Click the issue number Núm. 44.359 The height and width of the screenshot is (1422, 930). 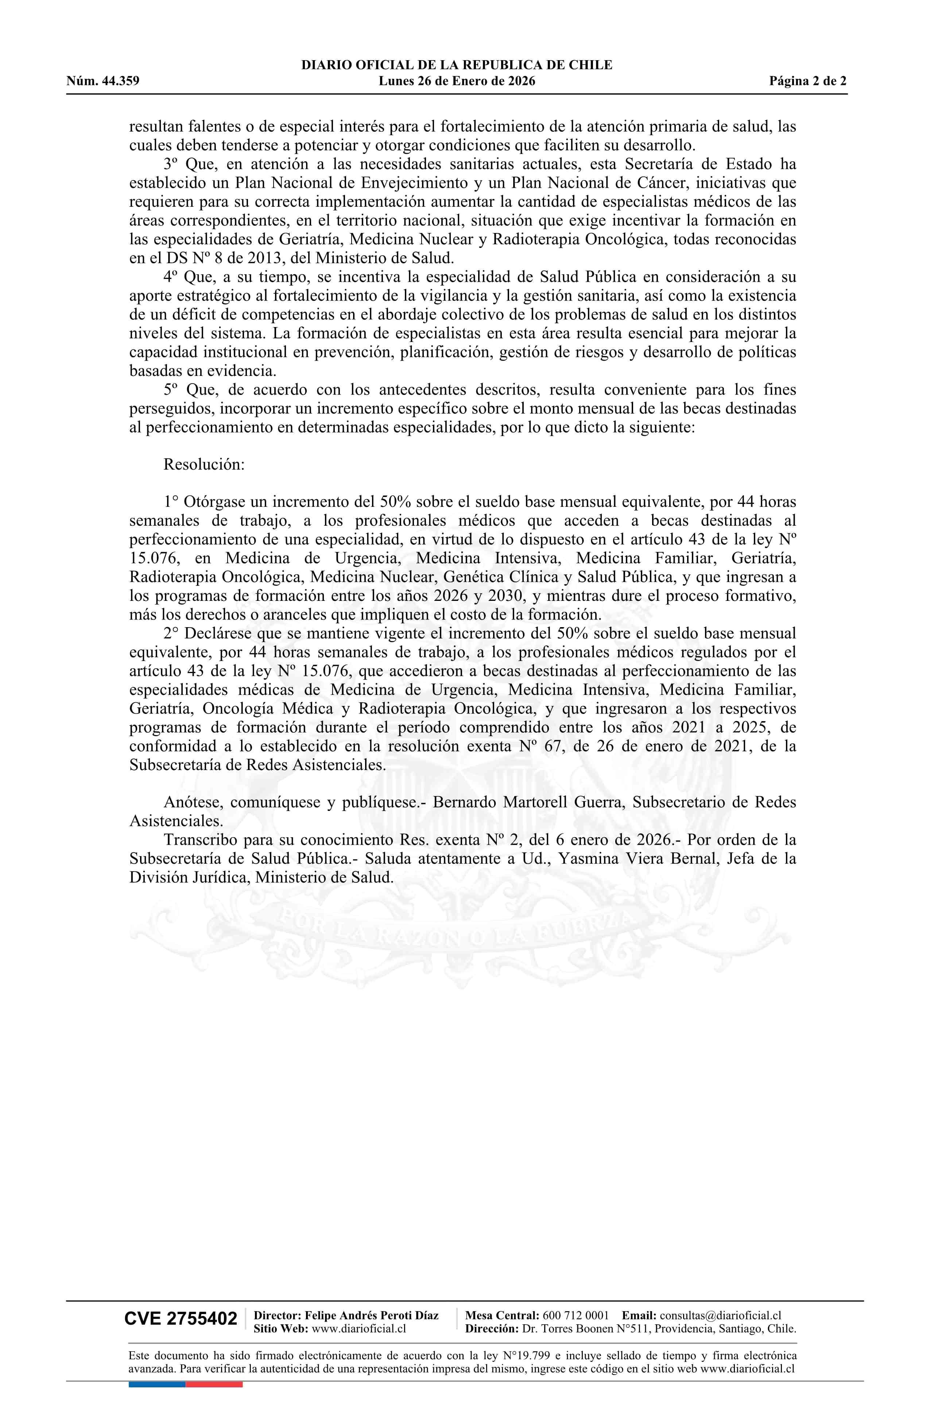pos(103,81)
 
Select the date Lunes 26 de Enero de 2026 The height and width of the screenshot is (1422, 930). pos(457,81)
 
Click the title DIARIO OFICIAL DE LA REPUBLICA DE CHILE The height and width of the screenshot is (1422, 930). pos(457,65)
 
